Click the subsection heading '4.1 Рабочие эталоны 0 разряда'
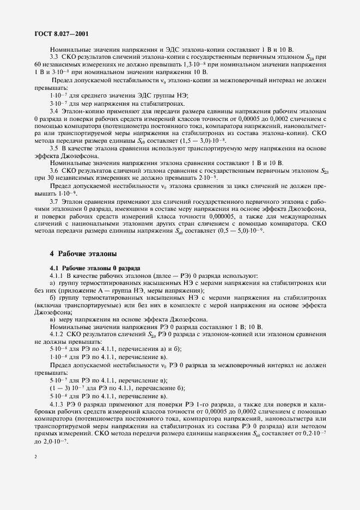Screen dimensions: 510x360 95,268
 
